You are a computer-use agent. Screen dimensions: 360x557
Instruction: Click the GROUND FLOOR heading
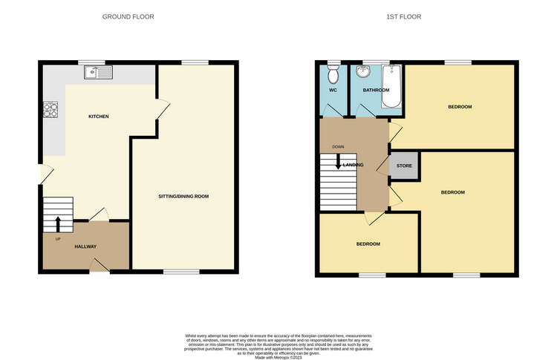click(128, 16)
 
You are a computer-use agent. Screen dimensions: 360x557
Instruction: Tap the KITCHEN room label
click(99, 117)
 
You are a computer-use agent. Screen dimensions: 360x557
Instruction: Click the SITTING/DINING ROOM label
click(183, 197)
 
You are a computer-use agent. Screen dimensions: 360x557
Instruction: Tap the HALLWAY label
click(85, 246)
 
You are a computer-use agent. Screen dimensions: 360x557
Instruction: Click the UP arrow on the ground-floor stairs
click(58, 220)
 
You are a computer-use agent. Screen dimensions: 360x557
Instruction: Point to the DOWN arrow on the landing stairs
click(339, 160)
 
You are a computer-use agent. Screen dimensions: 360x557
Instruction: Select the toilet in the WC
click(333, 74)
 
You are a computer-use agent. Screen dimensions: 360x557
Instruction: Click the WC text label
click(333, 91)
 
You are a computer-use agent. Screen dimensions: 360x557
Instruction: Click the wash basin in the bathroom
click(364, 73)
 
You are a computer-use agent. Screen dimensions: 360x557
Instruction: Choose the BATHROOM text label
click(376, 91)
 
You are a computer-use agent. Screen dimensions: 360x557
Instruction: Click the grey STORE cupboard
click(404, 166)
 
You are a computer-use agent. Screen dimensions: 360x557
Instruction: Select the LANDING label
click(352, 165)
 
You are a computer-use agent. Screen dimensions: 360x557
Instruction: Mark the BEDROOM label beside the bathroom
click(459, 107)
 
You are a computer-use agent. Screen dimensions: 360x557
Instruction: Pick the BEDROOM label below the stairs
click(368, 244)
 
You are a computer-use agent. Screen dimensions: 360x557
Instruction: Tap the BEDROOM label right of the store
click(452, 192)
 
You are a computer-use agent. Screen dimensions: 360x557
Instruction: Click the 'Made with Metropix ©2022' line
click(278, 355)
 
